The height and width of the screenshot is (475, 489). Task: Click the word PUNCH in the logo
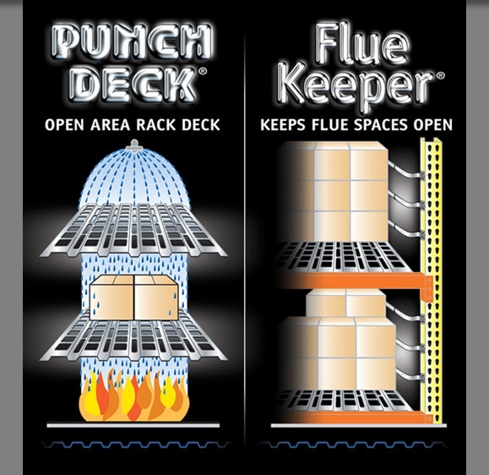pyautogui.click(x=133, y=41)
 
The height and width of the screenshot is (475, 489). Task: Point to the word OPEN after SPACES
pyautogui.click(x=432, y=125)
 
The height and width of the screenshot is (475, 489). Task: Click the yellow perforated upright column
pyautogui.click(x=431, y=281)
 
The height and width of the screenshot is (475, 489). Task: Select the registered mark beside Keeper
pyautogui.click(x=441, y=76)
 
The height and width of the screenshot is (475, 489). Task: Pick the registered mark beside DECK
pyautogui.click(x=203, y=72)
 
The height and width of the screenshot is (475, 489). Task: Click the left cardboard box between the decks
pyautogui.click(x=111, y=298)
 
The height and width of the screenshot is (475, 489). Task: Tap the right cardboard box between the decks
pyautogui.click(x=156, y=298)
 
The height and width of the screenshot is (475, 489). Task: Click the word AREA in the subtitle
pyautogui.click(x=110, y=125)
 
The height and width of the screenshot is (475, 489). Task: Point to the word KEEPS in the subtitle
pyautogui.click(x=283, y=125)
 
